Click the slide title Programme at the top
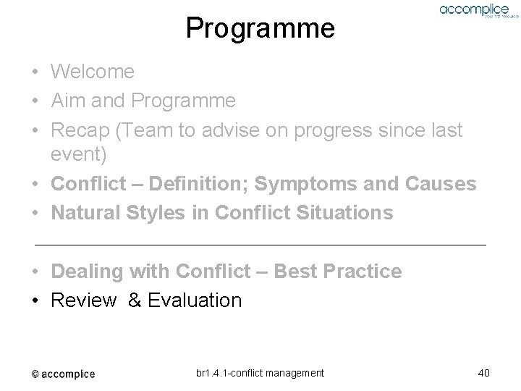(x=260, y=28)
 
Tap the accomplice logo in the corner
(x=475, y=11)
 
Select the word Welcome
(x=93, y=72)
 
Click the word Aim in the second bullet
(x=66, y=100)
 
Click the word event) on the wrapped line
(x=79, y=156)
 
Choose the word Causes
(x=441, y=184)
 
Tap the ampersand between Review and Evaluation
(x=135, y=300)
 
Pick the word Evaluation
(x=194, y=300)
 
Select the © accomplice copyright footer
(x=63, y=374)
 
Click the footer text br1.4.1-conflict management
(x=260, y=373)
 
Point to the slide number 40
(x=484, y=373)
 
